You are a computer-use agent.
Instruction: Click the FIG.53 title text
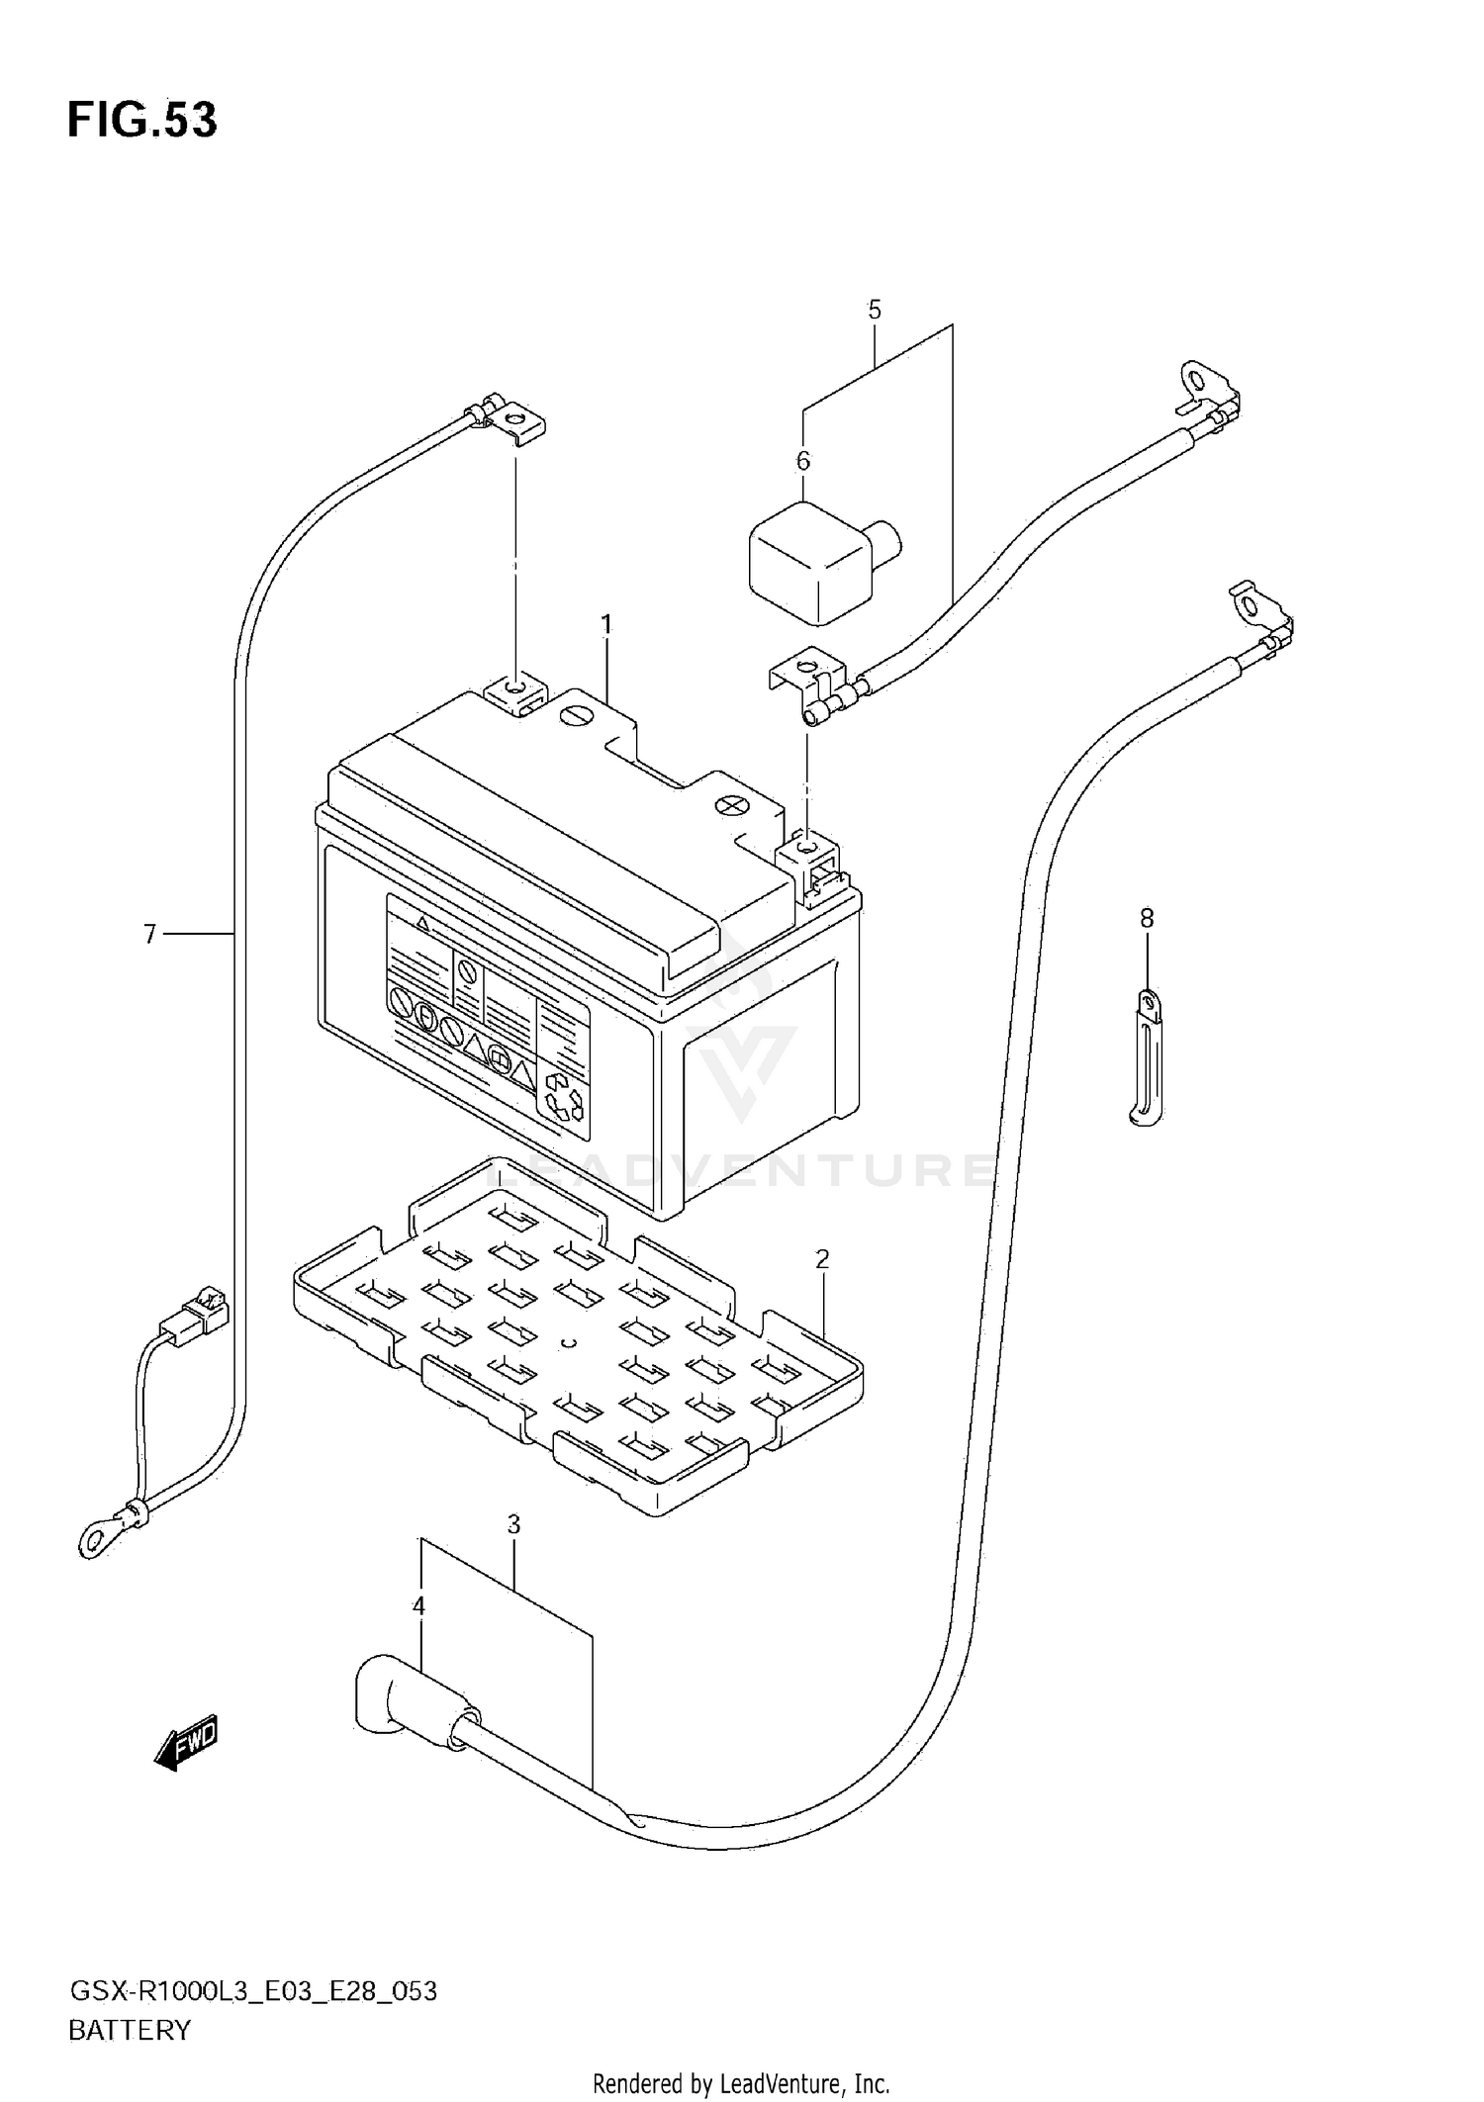click(x=141, y=120)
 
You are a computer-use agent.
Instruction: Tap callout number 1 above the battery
click(x=606, y=624)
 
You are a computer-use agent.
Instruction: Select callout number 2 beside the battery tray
click(x=821, y=1259)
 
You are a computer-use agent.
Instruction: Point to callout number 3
click(x=513, y=1525)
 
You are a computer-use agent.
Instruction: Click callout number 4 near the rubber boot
click(x=418, y=1606)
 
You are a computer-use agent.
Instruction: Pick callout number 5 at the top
click(x=874, y=310)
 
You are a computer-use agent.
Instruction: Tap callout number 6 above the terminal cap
click(x=802, y=461)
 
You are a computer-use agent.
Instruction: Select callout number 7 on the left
click(x=149, y=934)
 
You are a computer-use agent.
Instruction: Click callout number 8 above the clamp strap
click(x=1146, y=918)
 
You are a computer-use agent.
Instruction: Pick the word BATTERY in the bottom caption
click(x=129, y=2030)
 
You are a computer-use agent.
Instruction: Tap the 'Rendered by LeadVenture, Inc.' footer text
click(x=741, y=2083)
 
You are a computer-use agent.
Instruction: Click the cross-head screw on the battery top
click(x=732, y=806)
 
